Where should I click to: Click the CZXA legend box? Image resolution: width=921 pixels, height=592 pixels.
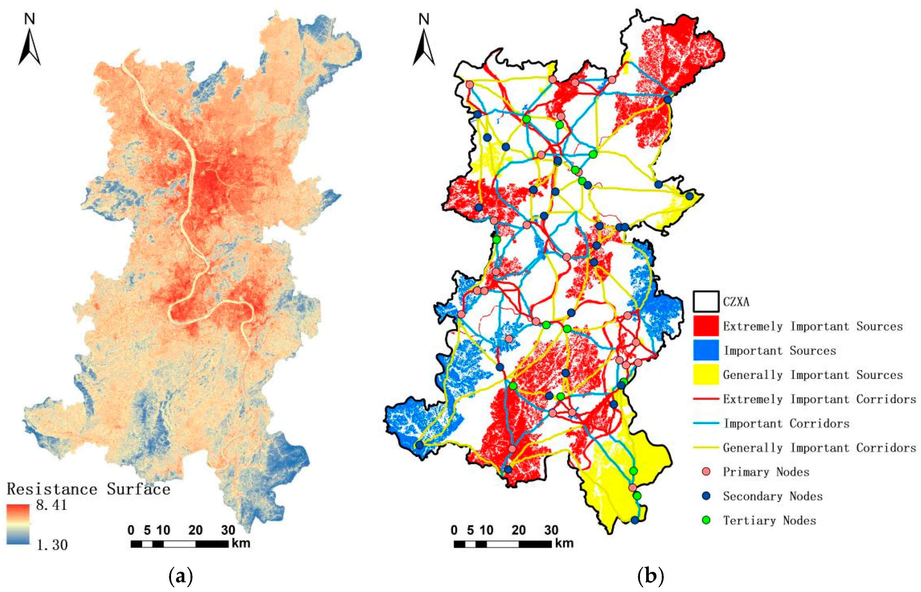(x=706, y=301)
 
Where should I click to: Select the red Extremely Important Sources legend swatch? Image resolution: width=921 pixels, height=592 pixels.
(x=706, y=326)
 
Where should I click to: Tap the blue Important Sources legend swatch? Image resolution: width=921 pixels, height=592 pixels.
(x=706, y=350)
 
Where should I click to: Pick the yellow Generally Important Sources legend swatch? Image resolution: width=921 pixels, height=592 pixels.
(x=706, y=374)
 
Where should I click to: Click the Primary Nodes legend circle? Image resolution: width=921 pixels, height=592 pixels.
(x=706, y=472)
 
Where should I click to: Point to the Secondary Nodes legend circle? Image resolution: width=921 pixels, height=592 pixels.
(x=706, y=496)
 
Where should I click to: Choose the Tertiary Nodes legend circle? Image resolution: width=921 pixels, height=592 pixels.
(x=706, y=520)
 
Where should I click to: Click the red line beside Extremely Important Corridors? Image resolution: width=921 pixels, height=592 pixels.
(x=706, y=399)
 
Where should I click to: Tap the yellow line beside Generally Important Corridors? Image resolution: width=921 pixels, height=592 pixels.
(x=706, y=447)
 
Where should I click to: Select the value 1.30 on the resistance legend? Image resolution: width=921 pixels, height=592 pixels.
(x=52, y=545)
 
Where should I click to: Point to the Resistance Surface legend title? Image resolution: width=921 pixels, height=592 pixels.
(x=88, y=489)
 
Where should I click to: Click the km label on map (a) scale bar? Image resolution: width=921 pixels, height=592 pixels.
(x=241, y=543)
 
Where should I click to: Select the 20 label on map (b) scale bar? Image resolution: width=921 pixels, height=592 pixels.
(x=518, y=530)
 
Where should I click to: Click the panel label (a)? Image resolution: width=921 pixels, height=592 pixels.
(x=180, y=577)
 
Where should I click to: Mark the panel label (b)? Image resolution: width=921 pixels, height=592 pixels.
(x=651, y=577)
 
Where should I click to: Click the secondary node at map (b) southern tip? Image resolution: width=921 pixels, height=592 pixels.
(x=635, y=520)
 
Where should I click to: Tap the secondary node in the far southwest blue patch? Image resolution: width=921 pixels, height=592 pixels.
(x=420, y=445)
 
